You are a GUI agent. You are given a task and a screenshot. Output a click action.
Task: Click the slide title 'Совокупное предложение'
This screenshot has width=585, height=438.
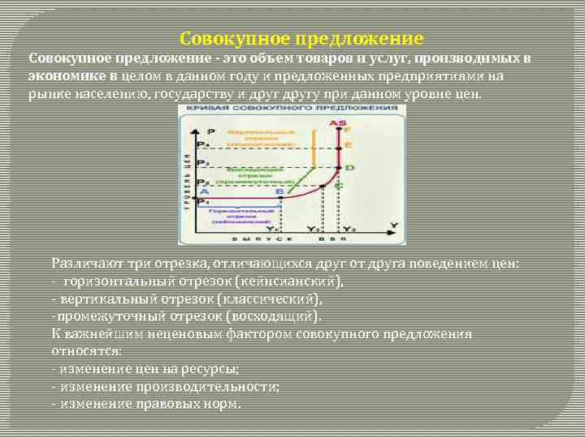pos(301,38)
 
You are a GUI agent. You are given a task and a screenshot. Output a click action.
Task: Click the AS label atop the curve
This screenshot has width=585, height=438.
pos(337,123)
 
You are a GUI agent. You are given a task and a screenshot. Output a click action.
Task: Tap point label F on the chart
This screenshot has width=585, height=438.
pos(349,131)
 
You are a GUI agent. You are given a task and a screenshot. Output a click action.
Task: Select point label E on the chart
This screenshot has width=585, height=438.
pos(349,145)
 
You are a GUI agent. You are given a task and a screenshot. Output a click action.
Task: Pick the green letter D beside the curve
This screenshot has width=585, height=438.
pos(349,168)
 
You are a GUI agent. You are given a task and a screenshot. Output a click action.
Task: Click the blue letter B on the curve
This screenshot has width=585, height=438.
pos(280,191)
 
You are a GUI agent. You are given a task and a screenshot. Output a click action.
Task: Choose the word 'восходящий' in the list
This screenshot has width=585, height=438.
pos(274,316)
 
